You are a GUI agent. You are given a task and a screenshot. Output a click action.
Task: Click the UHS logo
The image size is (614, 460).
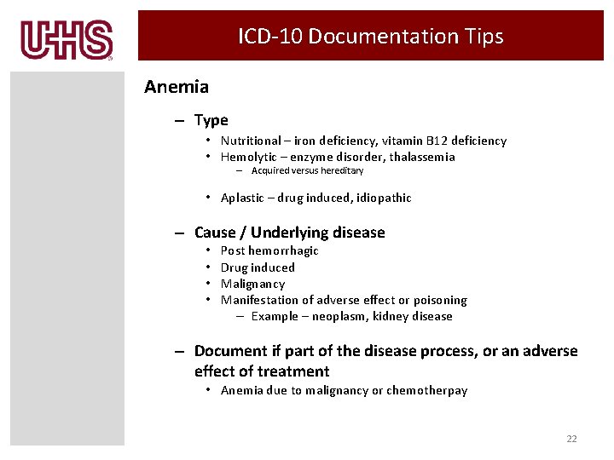pos(67,40)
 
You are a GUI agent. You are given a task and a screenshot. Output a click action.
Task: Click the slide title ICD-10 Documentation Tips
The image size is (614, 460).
pos(370,36)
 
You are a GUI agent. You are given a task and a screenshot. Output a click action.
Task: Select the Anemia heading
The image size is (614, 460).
pos(177,87)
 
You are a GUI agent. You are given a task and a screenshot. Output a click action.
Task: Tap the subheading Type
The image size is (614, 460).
pos(211,120)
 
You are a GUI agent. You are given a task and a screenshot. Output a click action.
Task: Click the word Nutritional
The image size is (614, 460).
pos(250,141)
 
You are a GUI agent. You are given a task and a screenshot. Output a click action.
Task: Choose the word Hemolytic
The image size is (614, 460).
pos(248,157)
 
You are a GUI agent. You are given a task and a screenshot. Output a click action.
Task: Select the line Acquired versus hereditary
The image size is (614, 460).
pos(307,170)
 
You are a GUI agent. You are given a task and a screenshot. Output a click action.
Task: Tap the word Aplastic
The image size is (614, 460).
pos(243,198)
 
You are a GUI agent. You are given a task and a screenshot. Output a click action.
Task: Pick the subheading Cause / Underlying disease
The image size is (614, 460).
pos(289,233)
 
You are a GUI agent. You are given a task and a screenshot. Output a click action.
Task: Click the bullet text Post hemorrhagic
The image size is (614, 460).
pos(269,250)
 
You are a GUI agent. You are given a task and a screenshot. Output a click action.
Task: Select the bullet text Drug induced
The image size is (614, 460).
pos(258,267)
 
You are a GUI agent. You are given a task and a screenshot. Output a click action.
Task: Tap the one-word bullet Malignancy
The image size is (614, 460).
pos(252,284)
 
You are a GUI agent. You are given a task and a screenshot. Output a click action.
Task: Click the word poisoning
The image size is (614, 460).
pos(438,300)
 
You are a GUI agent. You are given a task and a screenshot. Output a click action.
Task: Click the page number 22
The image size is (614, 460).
pos(571,439)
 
